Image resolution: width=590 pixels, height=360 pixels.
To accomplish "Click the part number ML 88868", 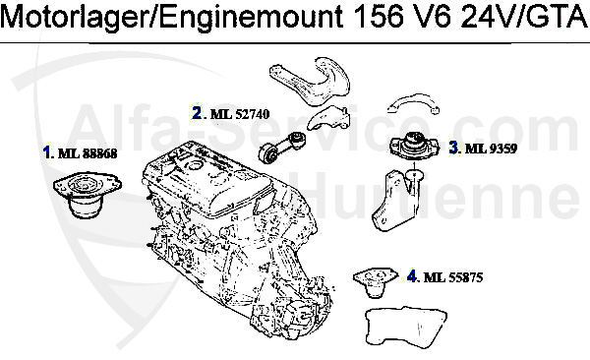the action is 88,153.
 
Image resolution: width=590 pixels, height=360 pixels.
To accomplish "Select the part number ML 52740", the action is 240,114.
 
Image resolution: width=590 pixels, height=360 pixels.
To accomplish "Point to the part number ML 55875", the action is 453,278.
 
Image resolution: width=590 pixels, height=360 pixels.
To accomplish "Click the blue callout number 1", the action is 47,152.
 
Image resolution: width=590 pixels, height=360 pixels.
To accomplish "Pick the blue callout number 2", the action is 197,113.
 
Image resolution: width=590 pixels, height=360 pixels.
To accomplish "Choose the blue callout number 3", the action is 453,148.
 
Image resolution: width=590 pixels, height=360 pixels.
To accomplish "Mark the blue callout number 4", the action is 412,277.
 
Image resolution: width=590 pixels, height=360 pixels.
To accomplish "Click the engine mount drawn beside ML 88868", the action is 87,195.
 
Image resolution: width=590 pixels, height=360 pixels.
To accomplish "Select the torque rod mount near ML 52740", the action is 282,148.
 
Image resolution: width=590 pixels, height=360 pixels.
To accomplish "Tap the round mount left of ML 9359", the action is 414,147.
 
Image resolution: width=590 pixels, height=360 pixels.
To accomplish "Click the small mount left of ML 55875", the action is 376,281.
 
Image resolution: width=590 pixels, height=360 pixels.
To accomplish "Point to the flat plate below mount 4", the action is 406,327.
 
